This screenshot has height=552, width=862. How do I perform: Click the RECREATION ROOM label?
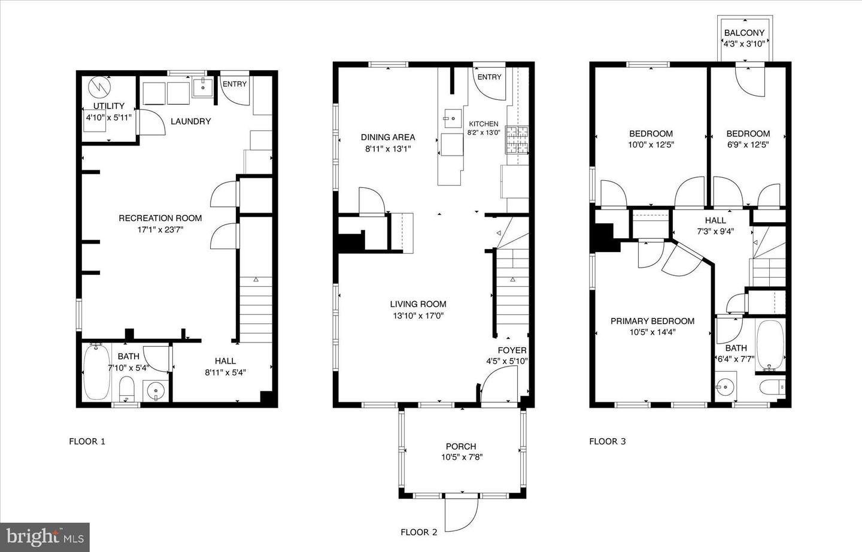tap(160, 218)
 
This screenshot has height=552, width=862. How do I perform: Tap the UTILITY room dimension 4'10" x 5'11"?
tap(108, 117)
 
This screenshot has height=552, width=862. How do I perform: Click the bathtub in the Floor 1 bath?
tap(96, 372)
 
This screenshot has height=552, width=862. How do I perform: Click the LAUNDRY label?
tap(190, 122)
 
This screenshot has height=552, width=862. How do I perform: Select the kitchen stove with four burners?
tap(517, 139)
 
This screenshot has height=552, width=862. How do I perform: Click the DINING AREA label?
tap(387, 137)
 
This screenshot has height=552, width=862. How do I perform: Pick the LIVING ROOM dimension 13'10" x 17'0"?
tap(417, 316)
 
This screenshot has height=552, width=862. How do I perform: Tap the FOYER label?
tap(512, 350)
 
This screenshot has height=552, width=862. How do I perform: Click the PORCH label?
tap(461, 446)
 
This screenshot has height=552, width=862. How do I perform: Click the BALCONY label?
tap(744, 33)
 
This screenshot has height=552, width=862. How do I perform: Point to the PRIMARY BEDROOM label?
tap(652, 321)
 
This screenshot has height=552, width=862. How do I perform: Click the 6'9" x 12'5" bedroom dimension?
tap(748, 144)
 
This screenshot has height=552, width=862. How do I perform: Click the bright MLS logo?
tap(45, 536)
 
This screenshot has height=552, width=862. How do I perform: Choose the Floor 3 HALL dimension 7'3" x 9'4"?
tap(715, 231)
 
